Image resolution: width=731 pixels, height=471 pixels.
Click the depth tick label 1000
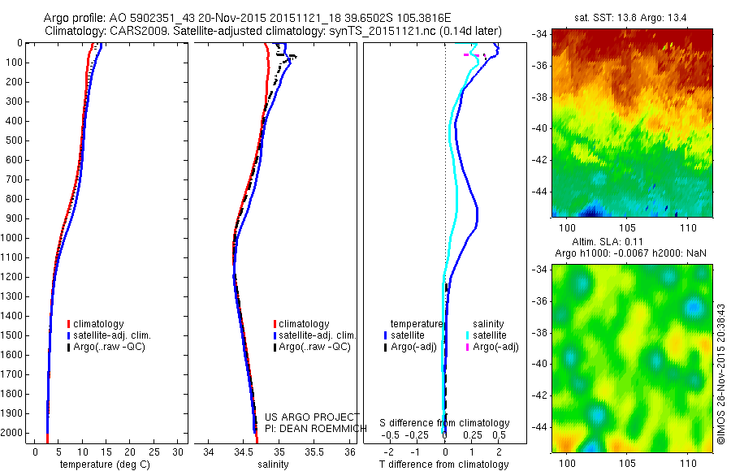click(13, 238)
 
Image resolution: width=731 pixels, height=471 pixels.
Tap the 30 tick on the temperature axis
click(179, 452)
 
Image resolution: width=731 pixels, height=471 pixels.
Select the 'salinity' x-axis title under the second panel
click(274, 465)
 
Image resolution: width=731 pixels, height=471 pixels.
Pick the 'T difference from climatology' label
click(444, 465)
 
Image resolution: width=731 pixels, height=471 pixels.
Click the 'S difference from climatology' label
click(444, 423)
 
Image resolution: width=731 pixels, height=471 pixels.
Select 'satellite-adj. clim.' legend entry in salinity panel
click(317, 335)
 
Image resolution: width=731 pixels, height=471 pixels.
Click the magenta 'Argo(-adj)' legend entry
click(495, 347)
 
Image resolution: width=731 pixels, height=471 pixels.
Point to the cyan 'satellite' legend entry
click(490, 335)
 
